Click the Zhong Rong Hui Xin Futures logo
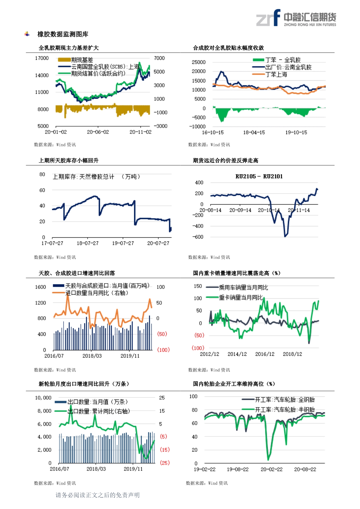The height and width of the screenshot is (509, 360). [296, 18]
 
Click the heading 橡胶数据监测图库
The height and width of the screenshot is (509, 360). [63, 34]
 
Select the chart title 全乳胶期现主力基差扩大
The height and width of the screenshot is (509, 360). [69, 48]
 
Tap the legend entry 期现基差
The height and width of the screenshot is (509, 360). [82, 60]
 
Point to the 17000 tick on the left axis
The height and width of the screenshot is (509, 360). [42, 58]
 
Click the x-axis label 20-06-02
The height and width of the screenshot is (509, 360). [98, 132]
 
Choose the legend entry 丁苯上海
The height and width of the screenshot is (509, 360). [276, 75]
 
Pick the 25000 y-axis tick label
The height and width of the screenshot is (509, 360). [199, 62]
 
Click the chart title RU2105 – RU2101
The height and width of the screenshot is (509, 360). [259, 176]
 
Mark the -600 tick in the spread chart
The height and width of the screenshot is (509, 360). [198, 237]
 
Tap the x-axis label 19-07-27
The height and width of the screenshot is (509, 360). [123, 243]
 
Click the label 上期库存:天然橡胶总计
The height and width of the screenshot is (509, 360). [83, 177]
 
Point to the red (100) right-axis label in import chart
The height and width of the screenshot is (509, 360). [163, 350]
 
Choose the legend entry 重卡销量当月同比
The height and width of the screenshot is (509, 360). [241, 297]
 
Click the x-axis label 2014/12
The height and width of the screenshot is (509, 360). [237, 354]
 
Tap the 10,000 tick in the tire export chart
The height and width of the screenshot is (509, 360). [43, 398]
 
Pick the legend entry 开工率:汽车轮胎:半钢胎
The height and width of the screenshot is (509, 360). [285, 409]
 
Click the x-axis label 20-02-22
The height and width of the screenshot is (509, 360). [271, 469]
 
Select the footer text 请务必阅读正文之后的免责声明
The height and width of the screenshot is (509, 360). [98, 495]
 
